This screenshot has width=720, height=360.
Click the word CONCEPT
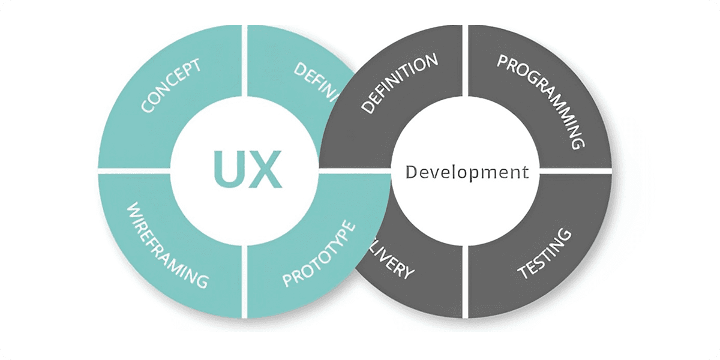(x=172, y=86)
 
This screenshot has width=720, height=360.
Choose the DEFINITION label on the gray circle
(x=400, y=83)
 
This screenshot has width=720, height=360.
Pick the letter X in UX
(x=264, y=169)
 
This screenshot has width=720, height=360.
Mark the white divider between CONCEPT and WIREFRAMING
(x=135, y=172)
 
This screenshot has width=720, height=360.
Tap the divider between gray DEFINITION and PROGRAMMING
(x=465, y=60)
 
